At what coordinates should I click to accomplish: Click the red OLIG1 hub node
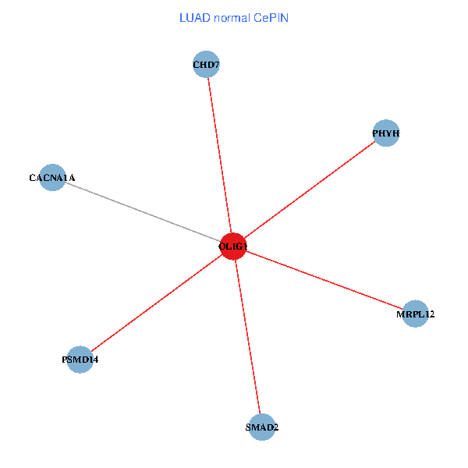click(233, 246)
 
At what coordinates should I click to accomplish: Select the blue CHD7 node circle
click(206, 64)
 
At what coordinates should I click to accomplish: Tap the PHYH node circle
click(386, 133)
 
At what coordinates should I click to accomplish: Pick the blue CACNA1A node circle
click(51, 178)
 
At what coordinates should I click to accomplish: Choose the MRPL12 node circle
click(415, 314)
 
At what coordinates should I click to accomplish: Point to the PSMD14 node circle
click(80, 360)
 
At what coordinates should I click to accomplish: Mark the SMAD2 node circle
click(263, 427)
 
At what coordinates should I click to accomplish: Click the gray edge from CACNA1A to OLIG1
click(140, 211)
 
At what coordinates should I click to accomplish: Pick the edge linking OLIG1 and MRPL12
click(324, 280)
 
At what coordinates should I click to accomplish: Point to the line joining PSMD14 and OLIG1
click(156, 303)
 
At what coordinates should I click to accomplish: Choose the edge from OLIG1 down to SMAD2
click(248, 337)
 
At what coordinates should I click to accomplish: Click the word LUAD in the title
click(194, 17)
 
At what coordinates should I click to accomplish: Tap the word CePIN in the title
click(271, 17)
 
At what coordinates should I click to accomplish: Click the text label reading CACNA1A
click(52, 179)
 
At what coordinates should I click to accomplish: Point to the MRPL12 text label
click(415, 315)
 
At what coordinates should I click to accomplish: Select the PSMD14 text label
click(80, 360)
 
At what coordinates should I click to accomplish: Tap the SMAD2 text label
click(262, 427)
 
